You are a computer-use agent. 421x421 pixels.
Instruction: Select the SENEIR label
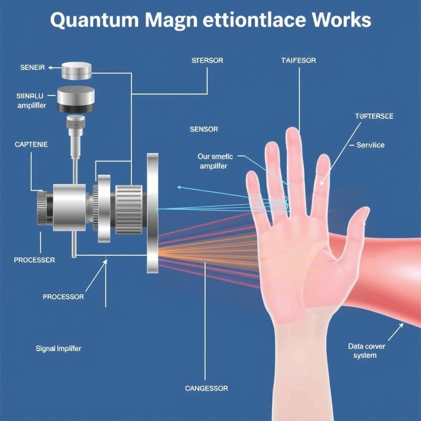tap(32, 67)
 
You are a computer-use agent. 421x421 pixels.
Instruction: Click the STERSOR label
tap(207, 60)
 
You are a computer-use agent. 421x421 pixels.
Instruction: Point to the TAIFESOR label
tap(298, 60)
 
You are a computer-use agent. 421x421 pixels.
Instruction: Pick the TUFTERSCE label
tap(374, 116)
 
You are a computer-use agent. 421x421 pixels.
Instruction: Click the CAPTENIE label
tap(31, 144)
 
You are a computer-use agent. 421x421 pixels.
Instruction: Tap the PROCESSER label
tap(35, 260)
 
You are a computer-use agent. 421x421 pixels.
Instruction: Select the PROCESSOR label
tap(63, 297)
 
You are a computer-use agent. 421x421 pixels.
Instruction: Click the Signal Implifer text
tap(58, 349)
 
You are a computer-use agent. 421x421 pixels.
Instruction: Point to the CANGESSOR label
tap(206, 388)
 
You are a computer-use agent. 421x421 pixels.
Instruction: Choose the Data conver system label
tap(367, 351)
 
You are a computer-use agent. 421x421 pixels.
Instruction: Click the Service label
tap(370, 145)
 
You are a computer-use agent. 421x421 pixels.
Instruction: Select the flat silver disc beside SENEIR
tap(76, 71)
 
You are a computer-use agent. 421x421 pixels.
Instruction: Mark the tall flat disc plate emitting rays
tap(153, 213)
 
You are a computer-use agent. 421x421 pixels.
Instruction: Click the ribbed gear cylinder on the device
tap(129, 209)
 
